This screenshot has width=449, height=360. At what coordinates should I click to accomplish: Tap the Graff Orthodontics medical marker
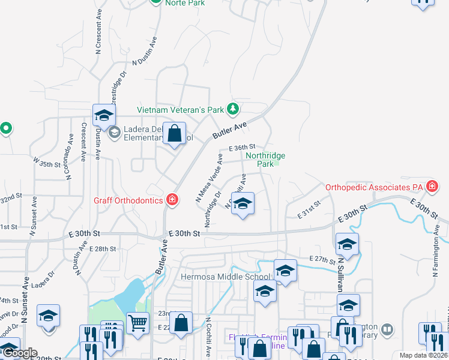(x=172, y=200)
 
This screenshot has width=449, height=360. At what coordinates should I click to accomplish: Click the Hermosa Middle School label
(x=226, y=277)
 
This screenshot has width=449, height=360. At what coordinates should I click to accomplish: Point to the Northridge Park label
(x=265, y=160)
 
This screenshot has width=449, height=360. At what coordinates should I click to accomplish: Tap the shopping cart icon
(x=137, y=323)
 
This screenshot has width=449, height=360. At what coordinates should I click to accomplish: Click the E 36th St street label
(x=243, y=147)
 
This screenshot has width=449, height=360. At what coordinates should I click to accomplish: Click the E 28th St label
(x=101, y=248)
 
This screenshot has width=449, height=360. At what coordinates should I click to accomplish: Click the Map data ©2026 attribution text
(x=423, y=355)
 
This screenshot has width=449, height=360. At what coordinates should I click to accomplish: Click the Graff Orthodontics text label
(x=128, y=200)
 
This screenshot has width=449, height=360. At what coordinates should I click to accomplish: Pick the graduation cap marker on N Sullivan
(x=348, y=244)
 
